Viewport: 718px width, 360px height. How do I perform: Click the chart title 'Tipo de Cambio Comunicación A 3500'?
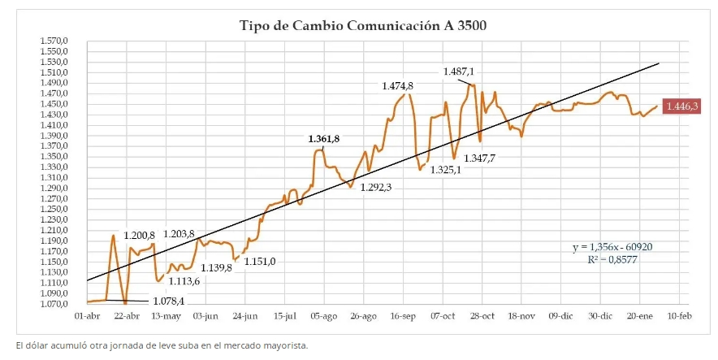363,25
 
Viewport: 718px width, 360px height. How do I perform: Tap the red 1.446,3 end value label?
682,106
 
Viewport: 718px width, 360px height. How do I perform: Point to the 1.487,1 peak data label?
459,72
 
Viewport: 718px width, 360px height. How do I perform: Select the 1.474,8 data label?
398,85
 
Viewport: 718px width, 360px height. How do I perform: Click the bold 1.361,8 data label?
323,139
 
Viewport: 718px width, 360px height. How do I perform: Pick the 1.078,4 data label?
169,301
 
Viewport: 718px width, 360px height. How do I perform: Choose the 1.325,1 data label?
445,170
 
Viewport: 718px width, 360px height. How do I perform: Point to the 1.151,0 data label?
261,261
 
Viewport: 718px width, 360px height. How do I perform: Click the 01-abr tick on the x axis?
87,315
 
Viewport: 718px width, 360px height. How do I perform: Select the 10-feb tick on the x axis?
679,315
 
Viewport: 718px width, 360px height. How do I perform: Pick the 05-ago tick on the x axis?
323,315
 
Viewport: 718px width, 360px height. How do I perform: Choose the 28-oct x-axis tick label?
482,315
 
